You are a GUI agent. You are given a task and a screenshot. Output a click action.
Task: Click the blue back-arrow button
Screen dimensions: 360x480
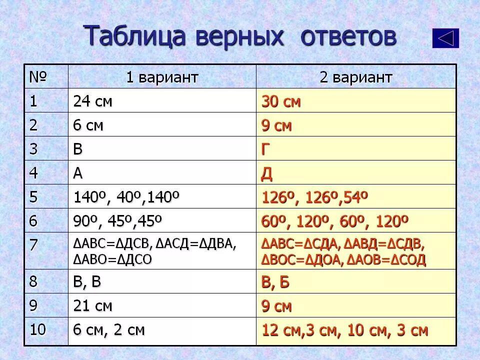pos(445,38)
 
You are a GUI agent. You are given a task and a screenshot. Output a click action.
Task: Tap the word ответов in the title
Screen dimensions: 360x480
pos(345,36)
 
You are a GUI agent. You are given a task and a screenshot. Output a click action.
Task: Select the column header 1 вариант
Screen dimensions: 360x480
pos(162,77)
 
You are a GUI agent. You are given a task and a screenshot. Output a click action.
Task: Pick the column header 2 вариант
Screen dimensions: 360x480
pos(356,77)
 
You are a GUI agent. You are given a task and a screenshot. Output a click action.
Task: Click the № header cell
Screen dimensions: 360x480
pos(38,77)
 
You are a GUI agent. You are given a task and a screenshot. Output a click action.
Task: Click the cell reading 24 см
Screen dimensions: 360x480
pos(93,101)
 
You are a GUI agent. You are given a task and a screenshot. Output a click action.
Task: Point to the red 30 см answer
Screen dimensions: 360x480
pos(281,101)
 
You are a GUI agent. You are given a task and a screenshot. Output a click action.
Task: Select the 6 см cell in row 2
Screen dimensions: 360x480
pos(88,125)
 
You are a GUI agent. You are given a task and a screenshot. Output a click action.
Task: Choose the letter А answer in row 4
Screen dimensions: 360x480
pos(78,173)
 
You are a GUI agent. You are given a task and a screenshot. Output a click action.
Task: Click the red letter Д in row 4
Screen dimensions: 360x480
pos(267,174)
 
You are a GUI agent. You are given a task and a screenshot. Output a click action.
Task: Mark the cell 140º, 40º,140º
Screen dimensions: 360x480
pos(126,197)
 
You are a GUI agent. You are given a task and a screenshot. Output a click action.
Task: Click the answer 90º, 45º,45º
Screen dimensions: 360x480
pos(118,221)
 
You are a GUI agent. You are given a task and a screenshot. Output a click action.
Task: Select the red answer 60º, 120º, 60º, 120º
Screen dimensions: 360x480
pos(335,221)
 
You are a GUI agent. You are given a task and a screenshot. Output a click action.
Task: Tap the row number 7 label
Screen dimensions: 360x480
pos(33,245)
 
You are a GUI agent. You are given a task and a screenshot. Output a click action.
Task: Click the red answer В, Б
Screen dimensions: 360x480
pos(275,282)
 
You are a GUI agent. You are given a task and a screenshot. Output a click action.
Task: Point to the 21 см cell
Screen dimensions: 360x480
pos(93,306)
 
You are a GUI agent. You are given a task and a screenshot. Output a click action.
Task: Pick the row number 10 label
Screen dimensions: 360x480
pos(37,330)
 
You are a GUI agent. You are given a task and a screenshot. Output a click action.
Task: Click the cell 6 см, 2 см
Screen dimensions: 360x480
pos(109,330)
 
